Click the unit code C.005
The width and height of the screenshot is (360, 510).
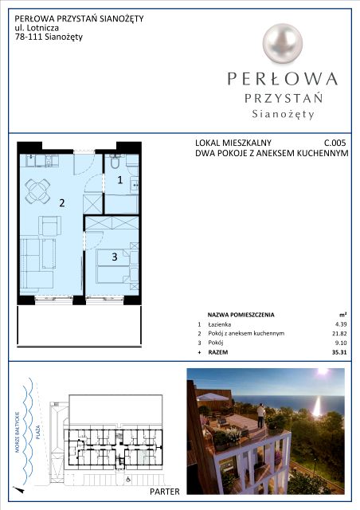335,143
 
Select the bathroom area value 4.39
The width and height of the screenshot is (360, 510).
341,324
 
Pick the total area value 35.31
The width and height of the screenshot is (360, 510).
339,352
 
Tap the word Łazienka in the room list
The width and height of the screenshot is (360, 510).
220,324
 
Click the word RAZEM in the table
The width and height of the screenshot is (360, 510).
218,352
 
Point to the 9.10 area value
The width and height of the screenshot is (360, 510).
341,343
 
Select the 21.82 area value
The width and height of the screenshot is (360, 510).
340,333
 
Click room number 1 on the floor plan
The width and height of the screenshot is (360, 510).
120,180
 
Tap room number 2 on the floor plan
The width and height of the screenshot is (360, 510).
62,203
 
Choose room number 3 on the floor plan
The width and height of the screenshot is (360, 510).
115,257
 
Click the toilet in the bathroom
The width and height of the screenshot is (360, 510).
115,161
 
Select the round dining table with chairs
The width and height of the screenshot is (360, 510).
37,190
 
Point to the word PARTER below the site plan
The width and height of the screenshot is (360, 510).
165,492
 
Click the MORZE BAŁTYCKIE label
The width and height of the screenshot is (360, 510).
18,432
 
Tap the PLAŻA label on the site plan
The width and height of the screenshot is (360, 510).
38,432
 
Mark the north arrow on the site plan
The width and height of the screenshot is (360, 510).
19,489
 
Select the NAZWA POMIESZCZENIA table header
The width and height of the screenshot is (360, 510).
241,315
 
